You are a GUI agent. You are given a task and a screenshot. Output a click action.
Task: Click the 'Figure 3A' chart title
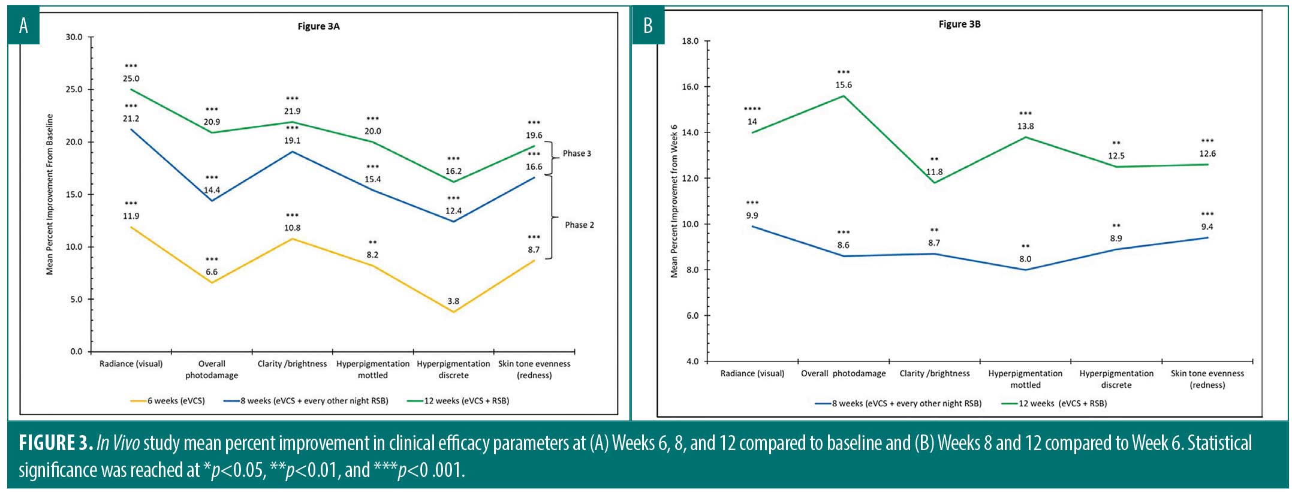point(318,26)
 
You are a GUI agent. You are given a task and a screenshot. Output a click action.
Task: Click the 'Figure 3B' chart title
point(959,25)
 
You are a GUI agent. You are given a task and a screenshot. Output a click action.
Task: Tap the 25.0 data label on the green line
point(131,79)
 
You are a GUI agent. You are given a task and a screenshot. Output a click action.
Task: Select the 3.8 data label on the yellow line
point(453,301)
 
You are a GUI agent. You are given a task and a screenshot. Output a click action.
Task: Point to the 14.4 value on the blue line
point(212,190)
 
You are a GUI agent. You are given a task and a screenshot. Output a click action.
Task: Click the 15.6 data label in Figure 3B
point(844,85)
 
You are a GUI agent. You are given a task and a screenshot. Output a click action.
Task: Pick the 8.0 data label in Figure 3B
point(1025,259)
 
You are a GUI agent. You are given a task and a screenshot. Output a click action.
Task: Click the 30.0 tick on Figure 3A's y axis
point(74,37)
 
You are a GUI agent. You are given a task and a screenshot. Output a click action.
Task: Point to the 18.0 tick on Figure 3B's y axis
point(691,41)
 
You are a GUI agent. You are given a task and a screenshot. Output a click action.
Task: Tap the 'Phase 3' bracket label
point(577,153)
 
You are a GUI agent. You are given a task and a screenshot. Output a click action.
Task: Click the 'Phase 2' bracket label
point(579,225)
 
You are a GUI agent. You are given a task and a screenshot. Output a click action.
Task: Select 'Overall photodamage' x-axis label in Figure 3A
point(212,369)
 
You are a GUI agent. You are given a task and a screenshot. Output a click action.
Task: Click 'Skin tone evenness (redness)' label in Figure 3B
point(1207,379)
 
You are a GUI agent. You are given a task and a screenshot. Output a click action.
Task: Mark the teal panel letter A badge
point(23,25)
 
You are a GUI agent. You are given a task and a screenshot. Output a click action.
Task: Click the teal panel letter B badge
point(648,25)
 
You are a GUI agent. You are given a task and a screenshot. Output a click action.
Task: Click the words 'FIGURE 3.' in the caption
point(55,443)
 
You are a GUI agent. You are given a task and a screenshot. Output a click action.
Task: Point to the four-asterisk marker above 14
point(752,109)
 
